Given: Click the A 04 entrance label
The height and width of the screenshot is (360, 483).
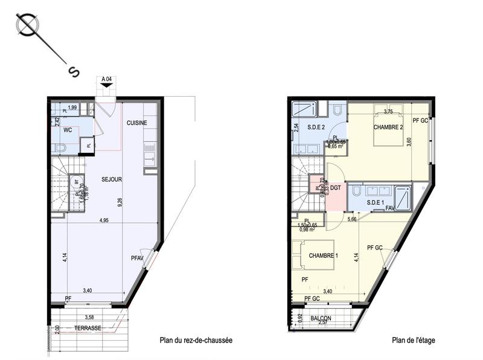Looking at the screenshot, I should coord(107,79).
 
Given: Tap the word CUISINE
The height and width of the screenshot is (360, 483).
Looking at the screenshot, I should coord(137,123).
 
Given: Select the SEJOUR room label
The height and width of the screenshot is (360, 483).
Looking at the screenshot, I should coord(112,179).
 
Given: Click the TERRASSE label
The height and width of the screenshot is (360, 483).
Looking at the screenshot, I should coord(87,328).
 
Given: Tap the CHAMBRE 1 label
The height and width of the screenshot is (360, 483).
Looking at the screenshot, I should coord(323,256).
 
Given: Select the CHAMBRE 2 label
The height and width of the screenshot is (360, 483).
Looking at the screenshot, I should coord(388,127).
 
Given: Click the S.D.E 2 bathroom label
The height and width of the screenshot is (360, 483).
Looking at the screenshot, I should coord(316,127).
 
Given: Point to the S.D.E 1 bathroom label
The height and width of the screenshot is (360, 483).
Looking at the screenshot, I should coord(375,202).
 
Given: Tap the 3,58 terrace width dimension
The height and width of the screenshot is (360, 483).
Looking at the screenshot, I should coord(90,317).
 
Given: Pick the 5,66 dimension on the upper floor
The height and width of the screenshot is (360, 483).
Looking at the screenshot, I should coord(351,220).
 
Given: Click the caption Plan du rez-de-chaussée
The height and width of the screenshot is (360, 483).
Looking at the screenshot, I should coord(196,341).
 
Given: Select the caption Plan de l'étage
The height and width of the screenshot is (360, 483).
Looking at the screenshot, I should coord(413,341).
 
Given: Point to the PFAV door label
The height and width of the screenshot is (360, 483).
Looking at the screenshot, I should coord(138,259).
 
